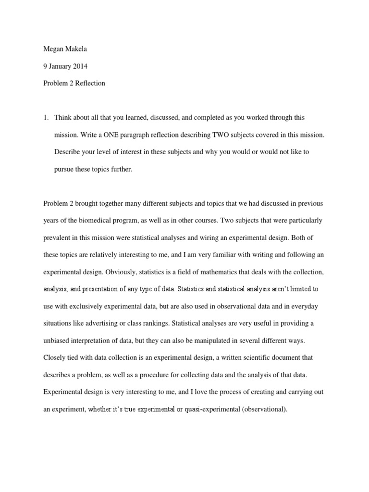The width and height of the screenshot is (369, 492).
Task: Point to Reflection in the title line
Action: [88, 83]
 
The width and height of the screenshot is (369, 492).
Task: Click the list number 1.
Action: [46, 118]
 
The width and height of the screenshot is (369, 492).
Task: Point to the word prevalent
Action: [58, 238]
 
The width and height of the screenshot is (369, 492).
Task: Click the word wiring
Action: [226, 238]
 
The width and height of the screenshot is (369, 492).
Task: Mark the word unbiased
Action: [57, 341]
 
